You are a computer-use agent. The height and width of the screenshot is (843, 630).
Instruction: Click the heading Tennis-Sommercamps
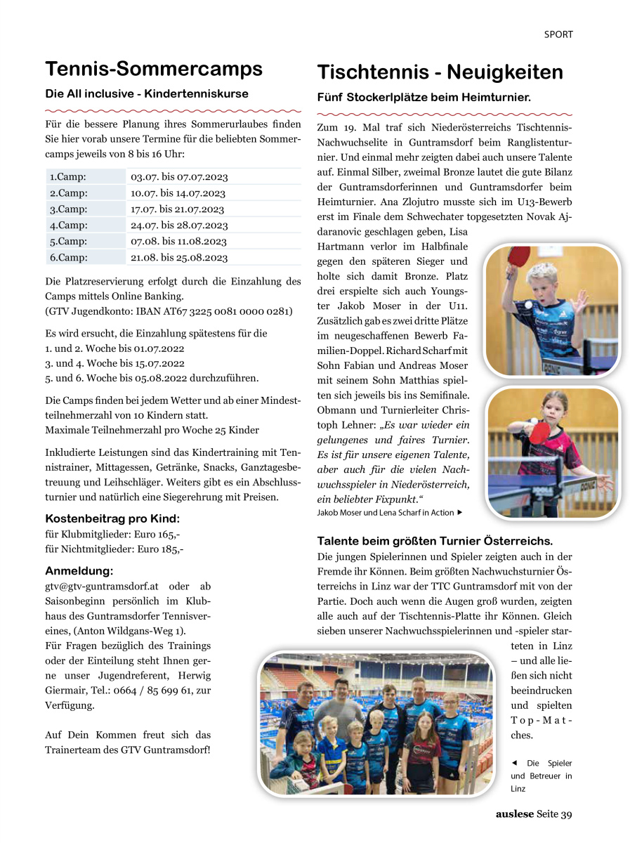[x=154, y=69]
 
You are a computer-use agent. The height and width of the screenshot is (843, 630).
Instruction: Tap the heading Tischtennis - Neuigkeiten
[x=440, y=72]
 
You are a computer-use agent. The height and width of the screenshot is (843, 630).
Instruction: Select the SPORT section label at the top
[x=558, y=34]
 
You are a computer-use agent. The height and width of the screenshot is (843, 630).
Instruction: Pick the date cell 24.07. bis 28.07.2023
[x=179, y=226]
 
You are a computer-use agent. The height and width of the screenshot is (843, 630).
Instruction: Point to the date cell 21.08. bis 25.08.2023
[x=179, y=258]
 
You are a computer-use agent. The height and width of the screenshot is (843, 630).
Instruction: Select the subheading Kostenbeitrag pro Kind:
[x=112, y=519]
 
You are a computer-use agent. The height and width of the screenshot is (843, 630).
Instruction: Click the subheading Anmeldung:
[x=79, y=571]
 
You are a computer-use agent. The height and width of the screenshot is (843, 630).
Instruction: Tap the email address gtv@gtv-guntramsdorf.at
[x=103, y=586]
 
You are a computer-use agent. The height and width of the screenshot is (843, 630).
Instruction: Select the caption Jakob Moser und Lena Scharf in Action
[x=386, y=513]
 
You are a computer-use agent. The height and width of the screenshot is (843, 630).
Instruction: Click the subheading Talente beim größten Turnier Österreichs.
[x=435, y=542]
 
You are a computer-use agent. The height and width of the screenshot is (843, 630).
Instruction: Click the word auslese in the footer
[x=515, y=815]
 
